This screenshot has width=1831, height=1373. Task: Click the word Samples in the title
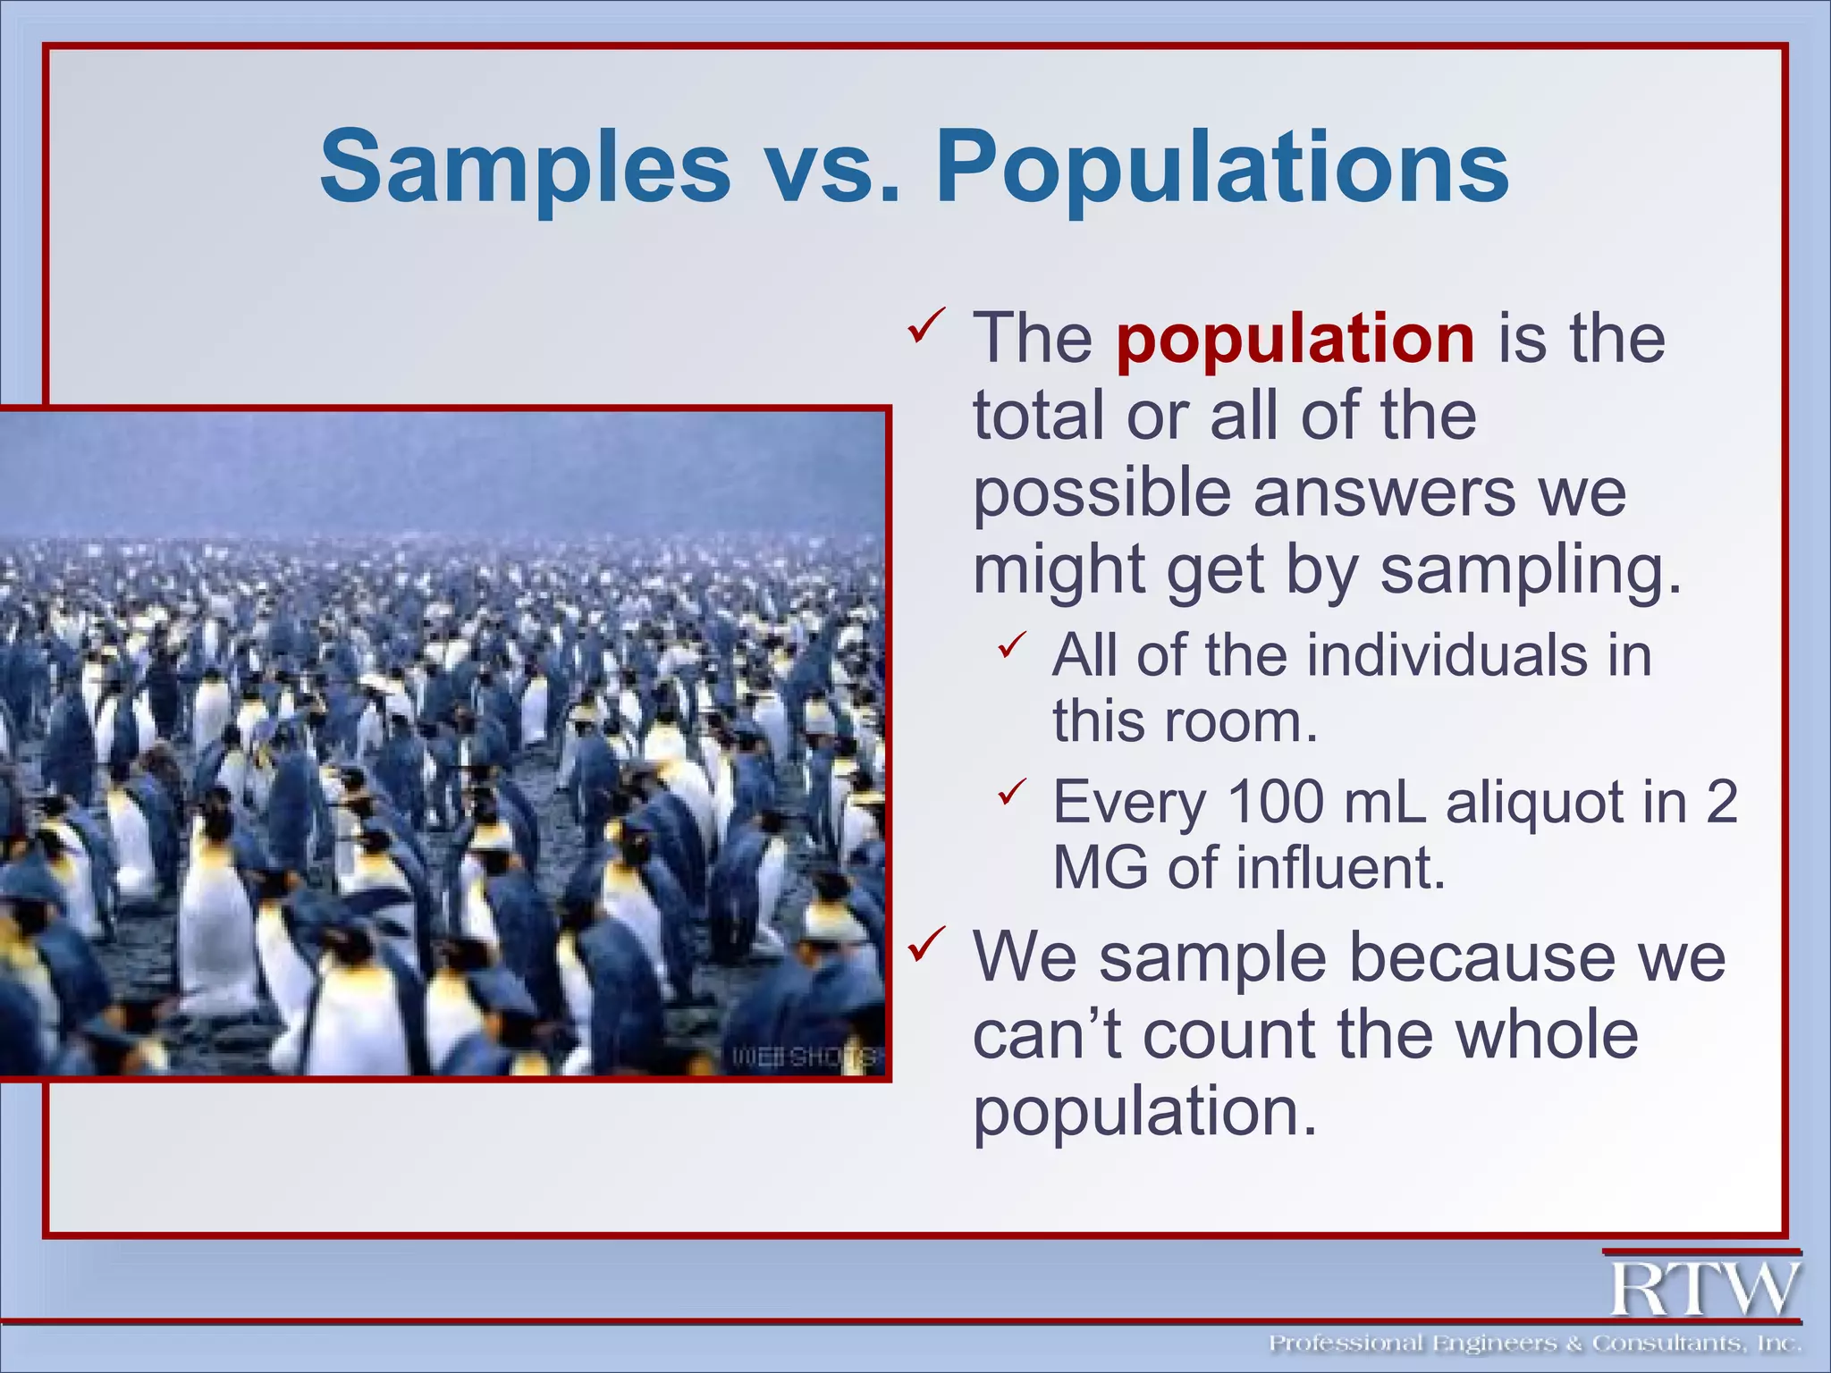pos(525,167)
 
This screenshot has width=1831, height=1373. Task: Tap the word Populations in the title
pos(1221,167)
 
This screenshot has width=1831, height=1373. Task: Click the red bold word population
pos(1295,339)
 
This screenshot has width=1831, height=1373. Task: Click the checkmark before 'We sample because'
pos(926,945)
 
